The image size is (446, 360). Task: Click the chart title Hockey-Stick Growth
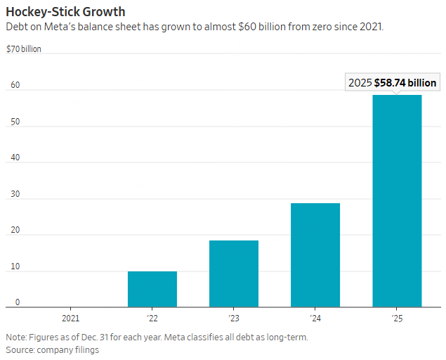pyautogui.click(x=65, y=12)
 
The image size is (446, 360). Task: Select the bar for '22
pyautogui.click(x=152, y=289)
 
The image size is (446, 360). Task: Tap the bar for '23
pyautogui.click(x=234, y=274)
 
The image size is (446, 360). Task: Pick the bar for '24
pyautogui.click(x=315, y=255)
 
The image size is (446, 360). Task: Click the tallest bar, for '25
pyautogui.click(x=397, y=200)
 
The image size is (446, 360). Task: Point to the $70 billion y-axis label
pyautogui.click(x=23, y=49)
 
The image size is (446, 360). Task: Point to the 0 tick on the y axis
pyautogui.click(x=18, y=302)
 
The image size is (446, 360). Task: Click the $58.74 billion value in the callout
pyautogui.click(x=405, y=82)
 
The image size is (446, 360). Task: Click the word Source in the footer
pyautogui.click(x=21, y=349)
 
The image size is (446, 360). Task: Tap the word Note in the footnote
pyautogui.click(x=17, y=337)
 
